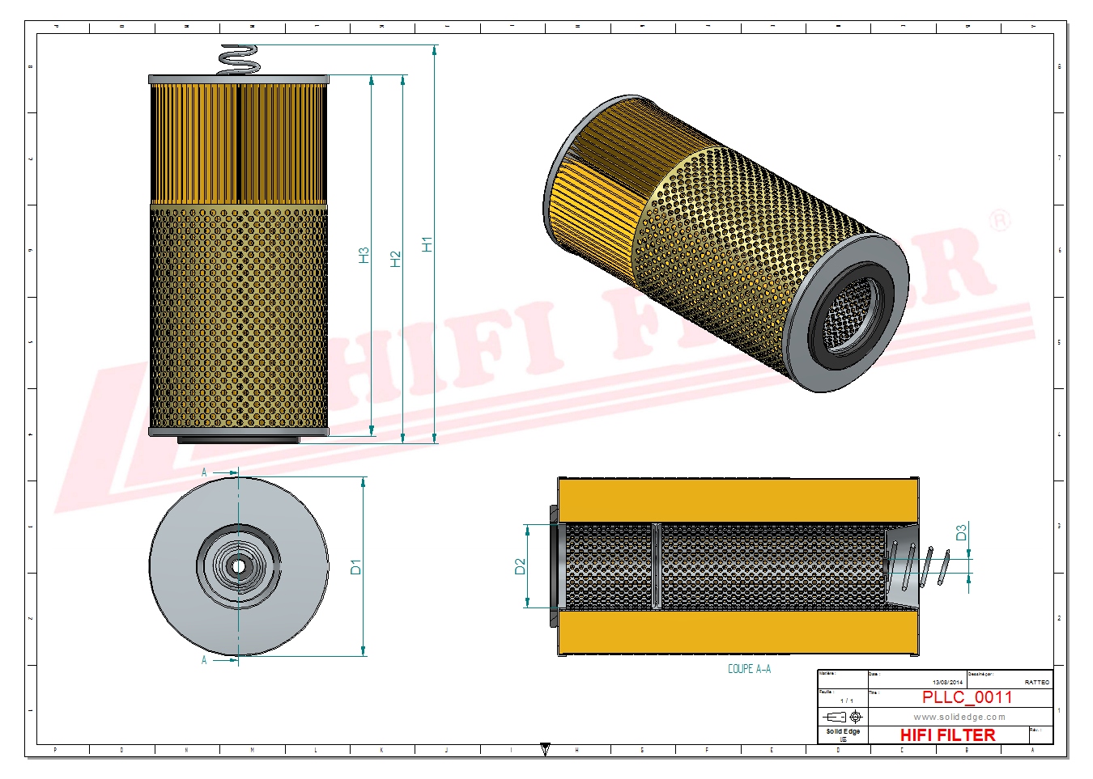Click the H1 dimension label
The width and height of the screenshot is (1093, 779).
pyautogui.click(x=427, y=243)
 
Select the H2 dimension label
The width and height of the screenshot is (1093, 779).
pyautogui.click(x=395, y=259)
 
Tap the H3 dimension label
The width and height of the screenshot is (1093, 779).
pyautogui.click(x=364, y=255)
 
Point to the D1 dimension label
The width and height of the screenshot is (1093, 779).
pyautogui.click(x=355, y=566)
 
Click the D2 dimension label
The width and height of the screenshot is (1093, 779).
pyautogui.click(x=520, y=566)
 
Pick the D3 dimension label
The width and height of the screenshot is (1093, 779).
pyautogui.click(x=961, y=532)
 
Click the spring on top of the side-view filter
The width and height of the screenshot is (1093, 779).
pyautogui.click(x=239, y=60)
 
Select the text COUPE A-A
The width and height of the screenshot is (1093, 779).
pyautogui.click(x=749, y=669)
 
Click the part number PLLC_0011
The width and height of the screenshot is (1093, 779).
pyautogui.click(x=967, y=697)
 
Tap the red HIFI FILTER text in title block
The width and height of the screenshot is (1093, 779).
pyautogui.click(x=947, y=735)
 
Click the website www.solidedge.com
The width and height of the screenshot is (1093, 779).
pyautogui.click(x=959, y=717)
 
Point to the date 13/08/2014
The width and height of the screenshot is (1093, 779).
pyautogui.click(x=947, y=683)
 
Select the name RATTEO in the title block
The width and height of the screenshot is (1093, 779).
pyautogui.click(x=1036, y=683)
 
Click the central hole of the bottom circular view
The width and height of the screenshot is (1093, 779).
pyautogui.click(x=238, y=566)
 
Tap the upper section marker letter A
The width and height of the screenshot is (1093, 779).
pyautogui.click(x=204, y=472)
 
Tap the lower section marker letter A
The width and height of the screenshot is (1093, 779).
pyautogui.click(x=204, y=660)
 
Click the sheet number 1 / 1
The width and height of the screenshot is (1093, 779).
pyautogui.click(x=846, y=701)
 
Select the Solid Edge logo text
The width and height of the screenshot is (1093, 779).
pyautogui.click(x=843, y=731)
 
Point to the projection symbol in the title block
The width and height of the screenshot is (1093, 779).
pyautogui.click(x=843, y=717)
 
